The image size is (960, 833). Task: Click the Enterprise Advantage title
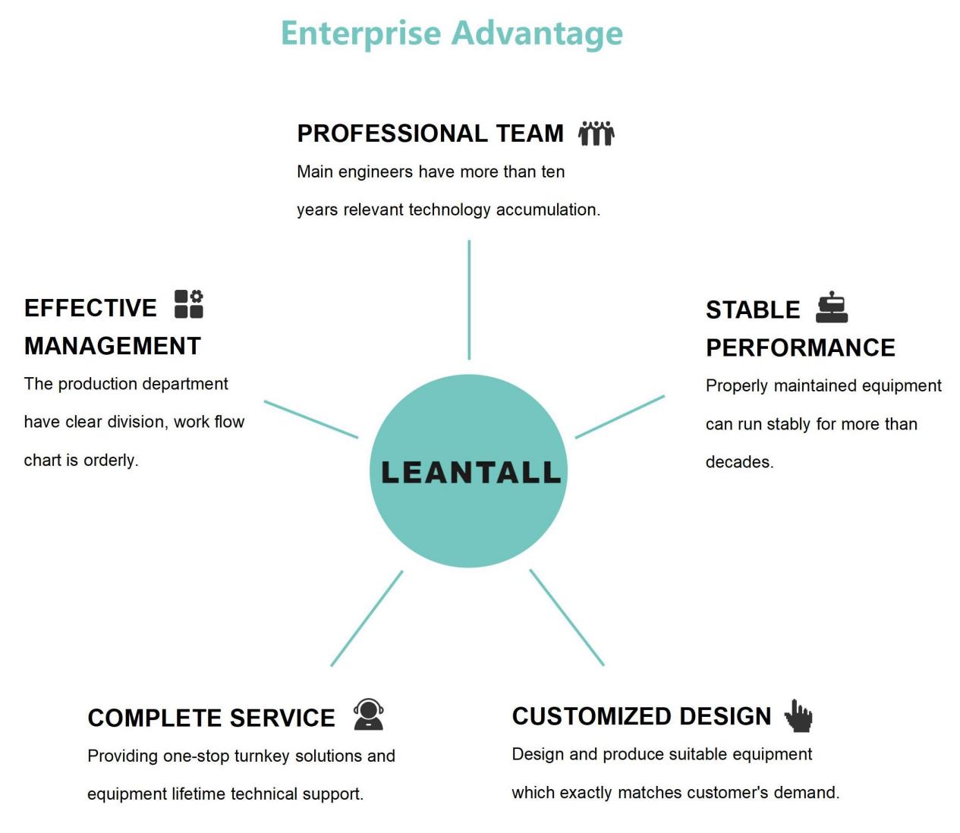[x=452, y=34]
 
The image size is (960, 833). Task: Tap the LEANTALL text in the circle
[x=471, y=472]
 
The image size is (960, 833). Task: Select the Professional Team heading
[x=430, y=134]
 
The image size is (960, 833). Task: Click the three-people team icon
[x=596, y=134]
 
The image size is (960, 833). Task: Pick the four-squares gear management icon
[x=189, y=304]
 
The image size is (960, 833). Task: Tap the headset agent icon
[x=368, y=715]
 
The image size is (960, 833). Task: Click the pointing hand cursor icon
[x=798, y=715]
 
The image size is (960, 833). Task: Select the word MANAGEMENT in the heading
[x=112, y=346]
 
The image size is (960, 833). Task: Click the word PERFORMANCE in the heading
[x=801, y=348]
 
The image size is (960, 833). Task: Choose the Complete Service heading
[x=211, y=718]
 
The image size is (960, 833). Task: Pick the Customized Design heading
[x=641, y=716]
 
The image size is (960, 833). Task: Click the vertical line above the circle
[x=469, y=300]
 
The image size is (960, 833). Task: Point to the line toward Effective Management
[x=311, y=420]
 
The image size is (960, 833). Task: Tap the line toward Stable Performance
[x=620, y=417]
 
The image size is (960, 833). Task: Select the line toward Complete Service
[x=367, y=618]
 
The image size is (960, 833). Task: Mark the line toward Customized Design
[x=567, y=618]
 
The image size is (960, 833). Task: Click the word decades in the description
[x=738, y=463]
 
